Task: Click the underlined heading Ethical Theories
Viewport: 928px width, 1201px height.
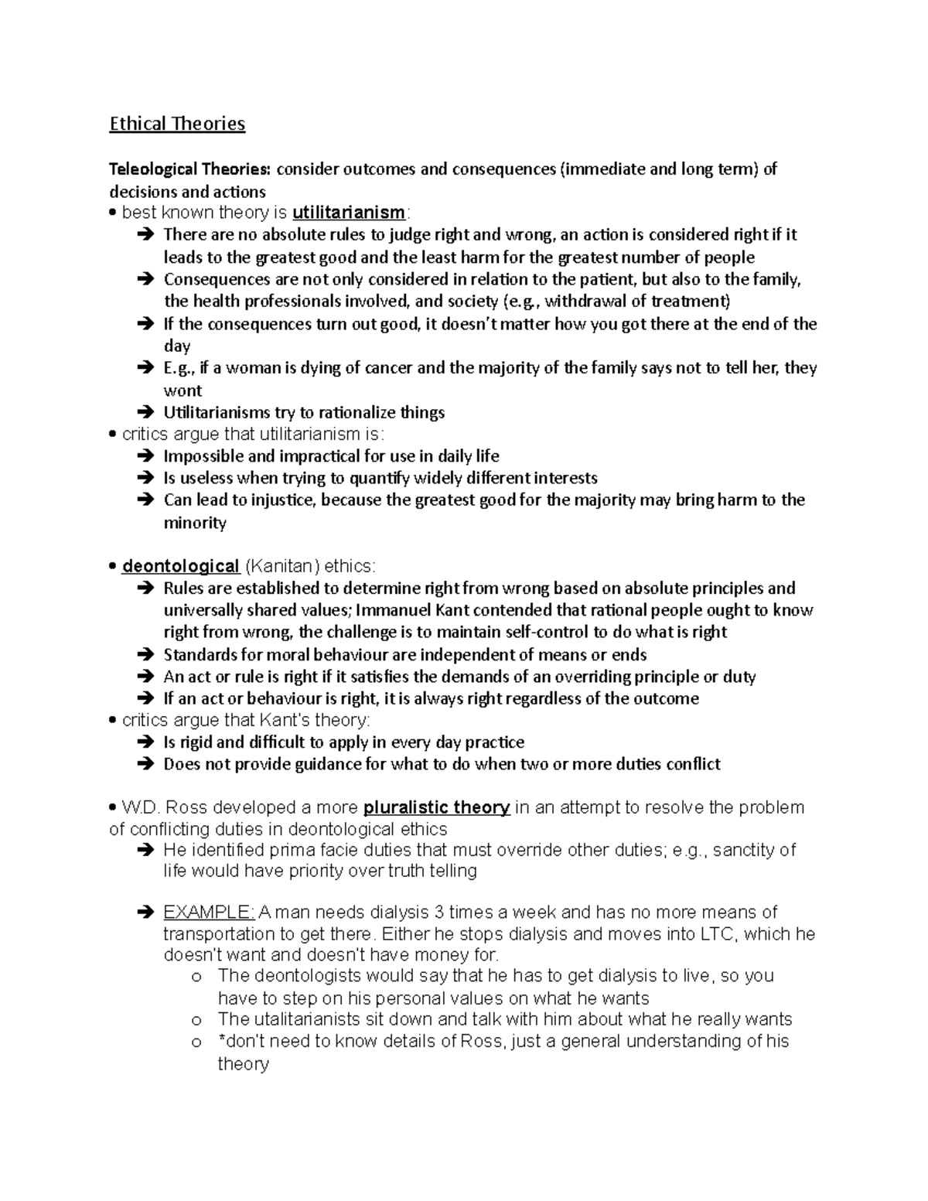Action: click(177, 124)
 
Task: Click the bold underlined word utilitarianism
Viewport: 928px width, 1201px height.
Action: click(349, 213)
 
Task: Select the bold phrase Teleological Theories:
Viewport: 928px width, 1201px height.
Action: click(190, 169)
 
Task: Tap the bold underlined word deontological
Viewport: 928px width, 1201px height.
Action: click(180, 566)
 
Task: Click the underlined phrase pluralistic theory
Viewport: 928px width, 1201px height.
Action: click(436, 807)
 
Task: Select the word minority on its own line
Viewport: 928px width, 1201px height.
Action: click(195, 523)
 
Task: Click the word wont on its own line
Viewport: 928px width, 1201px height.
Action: click(183, 391)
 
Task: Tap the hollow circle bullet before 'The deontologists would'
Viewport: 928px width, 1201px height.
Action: click(196, 977)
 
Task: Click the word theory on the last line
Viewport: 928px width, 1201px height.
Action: click(243, 1064)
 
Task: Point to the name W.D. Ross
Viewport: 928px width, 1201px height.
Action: click(164, 807)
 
